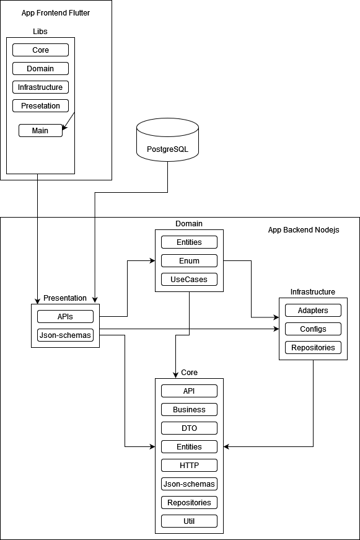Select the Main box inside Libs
[40, 131]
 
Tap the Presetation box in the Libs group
[40, 106]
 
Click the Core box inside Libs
[40, 50]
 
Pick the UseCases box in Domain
[189, 280]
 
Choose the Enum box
[189, 261]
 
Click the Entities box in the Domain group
[189, 242]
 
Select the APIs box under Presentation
[65, 317]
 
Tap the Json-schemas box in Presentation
[65, 335]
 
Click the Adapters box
[313, 311]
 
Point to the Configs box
[313, 329]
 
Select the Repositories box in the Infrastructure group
[313, 348]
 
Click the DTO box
[189, 428]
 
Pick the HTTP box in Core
[189, 466]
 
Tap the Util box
[189, 521]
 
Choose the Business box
[189, 410]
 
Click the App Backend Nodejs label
[304, 230]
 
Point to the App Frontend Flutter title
[56, 13]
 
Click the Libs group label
[40, 32]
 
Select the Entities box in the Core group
[189, 447]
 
